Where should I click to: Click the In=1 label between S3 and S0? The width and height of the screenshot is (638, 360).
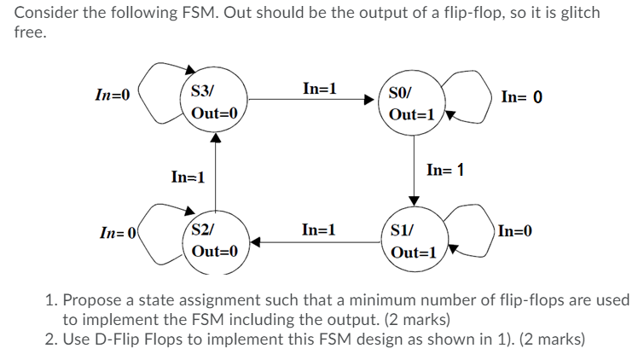coord(320,89)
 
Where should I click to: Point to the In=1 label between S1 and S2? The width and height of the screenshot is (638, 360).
coord(320,229)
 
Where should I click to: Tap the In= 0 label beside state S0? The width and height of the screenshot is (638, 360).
coord(522,96)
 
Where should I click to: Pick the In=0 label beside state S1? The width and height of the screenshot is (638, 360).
coord(516,230)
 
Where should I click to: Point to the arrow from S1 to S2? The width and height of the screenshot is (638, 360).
coord(316,241)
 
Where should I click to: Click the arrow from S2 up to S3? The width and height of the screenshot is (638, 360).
coord(217,171)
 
